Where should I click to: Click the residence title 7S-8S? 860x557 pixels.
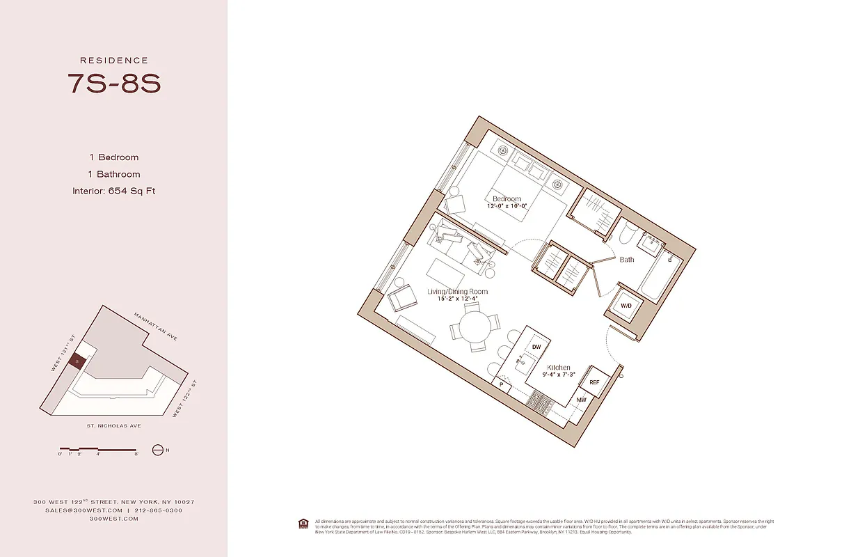point(113,83)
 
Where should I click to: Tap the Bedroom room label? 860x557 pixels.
point(507,199)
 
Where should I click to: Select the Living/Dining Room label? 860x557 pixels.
point(457,292)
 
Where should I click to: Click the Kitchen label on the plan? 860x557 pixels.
point(558,368)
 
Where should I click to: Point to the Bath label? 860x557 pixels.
point(627,260)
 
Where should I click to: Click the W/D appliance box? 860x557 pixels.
point(626,306)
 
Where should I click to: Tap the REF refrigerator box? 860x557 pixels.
point(594,382)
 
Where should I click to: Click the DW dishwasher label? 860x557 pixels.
point(536,347)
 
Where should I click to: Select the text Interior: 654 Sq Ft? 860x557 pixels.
point(113,191)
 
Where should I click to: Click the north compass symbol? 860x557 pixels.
point(157,450)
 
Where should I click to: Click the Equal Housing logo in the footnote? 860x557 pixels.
point(303,523)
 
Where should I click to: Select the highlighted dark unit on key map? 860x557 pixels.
point(79,361)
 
